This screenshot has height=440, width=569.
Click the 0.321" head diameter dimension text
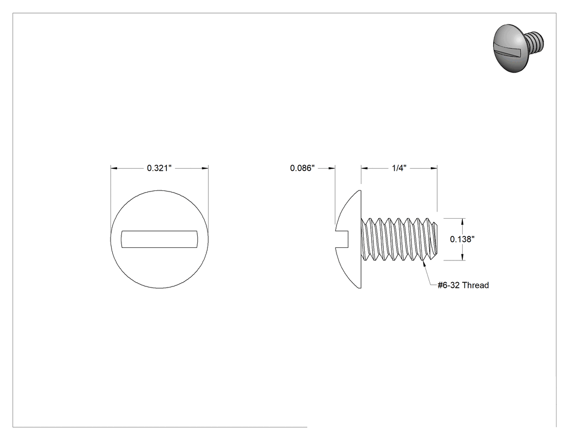159,168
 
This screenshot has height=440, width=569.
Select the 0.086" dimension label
302,168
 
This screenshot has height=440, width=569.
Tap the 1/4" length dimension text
399,168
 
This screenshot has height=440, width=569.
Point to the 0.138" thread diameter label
462,239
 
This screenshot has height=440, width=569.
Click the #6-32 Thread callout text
463,285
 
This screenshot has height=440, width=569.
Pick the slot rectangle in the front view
159,239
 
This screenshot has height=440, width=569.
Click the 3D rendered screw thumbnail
519,48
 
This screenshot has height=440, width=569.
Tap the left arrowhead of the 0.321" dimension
114,168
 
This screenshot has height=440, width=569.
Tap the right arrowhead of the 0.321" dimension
205,168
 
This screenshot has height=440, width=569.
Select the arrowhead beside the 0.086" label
331,168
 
